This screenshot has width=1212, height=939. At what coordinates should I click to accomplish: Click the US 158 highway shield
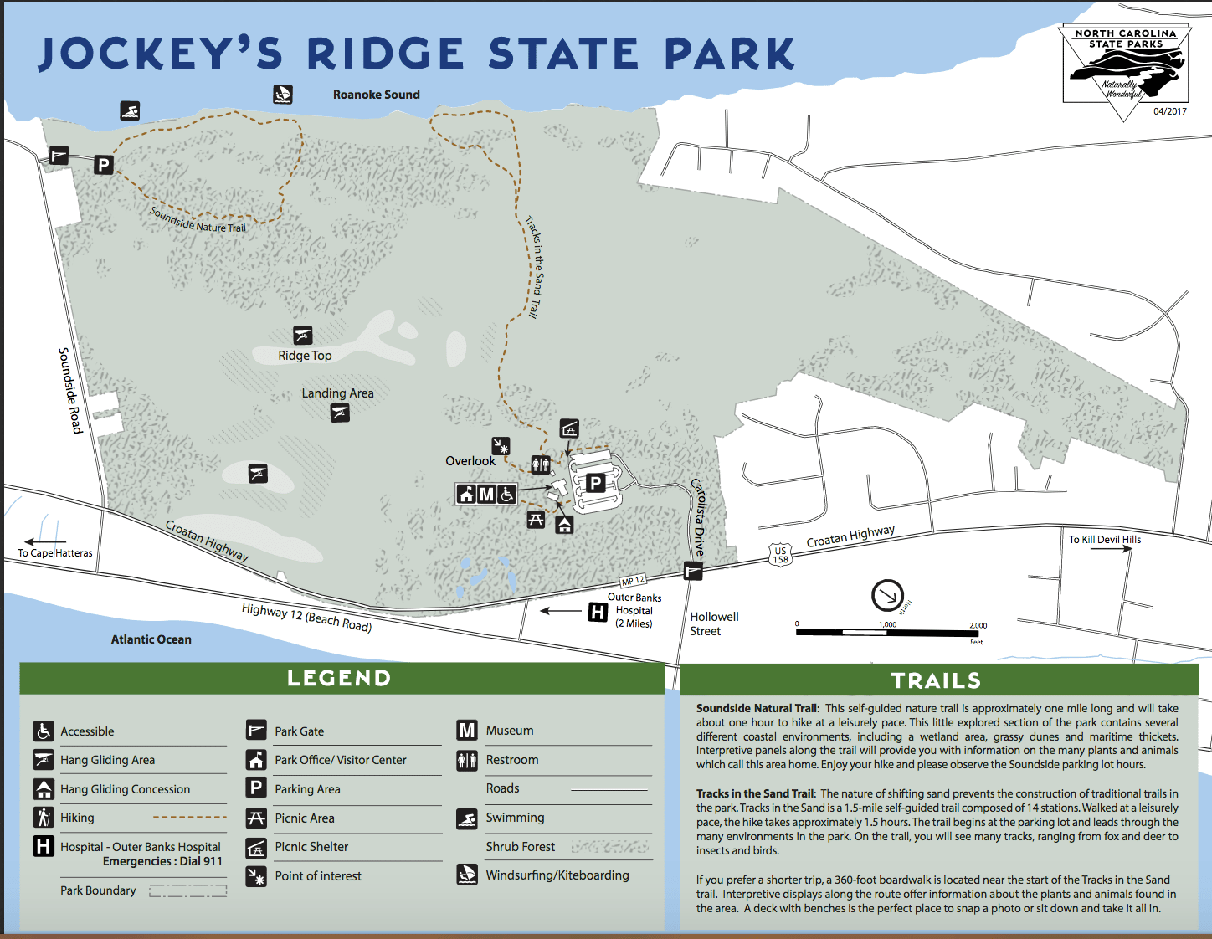[x=780, y=555]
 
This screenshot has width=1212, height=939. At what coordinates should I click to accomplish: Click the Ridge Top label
[x=305, y=356]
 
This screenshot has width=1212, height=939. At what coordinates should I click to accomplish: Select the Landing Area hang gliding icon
[x=340, y=413]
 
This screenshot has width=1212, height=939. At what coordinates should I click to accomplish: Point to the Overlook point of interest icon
[x=501, y=446]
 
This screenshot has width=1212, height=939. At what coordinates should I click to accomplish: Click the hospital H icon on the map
[x=597, y=613]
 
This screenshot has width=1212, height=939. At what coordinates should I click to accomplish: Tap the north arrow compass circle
[x=887, y=596]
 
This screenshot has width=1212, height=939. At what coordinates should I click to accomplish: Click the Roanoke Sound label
[x=377, y=95]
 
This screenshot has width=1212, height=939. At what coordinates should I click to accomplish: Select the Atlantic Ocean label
[x=151, y=639]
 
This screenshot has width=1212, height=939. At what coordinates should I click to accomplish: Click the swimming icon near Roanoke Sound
[x=130, y=110]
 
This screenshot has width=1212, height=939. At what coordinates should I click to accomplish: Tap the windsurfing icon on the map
[x=283, y=95]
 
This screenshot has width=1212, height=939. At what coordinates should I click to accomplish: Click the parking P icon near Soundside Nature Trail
[x=104, y=165]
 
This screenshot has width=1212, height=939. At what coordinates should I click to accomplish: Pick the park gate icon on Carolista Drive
[x=693, y=572]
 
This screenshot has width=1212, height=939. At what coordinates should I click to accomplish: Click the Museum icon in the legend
[x=467, y=730]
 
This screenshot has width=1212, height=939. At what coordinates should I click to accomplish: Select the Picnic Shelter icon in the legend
[x=256, y=847]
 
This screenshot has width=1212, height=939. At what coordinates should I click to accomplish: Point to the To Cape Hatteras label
[x=55, y=553]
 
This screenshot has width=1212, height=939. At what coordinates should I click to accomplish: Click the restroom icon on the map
[x=541, y=464]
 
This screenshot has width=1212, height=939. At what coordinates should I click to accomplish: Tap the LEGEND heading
[x=339, y=678]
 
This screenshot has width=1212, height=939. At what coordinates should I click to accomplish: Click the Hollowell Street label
[x=714, y=623]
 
